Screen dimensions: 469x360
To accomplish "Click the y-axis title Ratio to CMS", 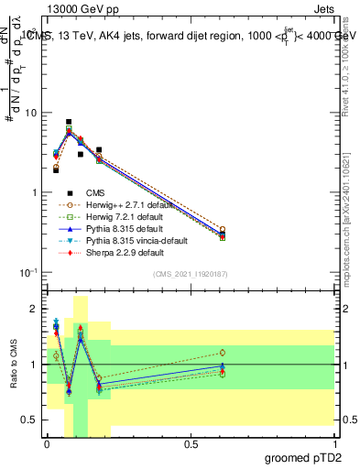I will coord(13,364).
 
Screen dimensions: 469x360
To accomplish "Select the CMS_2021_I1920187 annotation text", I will coord(190,273).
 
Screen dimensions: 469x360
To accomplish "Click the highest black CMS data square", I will coord(69,122).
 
